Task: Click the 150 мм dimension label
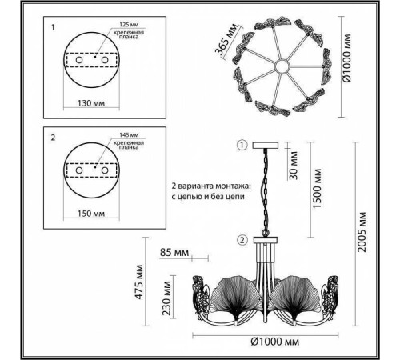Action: (x=86, y=215)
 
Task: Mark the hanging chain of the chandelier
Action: (x=262, y=192)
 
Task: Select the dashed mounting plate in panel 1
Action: (x=86, y=59)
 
